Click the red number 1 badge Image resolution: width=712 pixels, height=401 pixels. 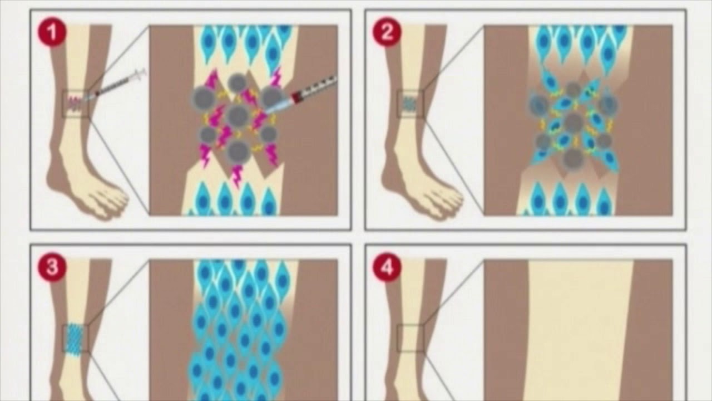coord(52,32)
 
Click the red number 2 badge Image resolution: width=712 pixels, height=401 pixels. coord(387,32)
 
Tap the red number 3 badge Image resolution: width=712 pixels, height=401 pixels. coord(52,267)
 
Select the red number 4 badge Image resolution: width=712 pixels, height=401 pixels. coord(387,267)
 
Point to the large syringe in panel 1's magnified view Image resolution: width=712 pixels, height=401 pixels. coord(300,94)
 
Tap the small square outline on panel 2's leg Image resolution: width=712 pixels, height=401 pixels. coord(411,104)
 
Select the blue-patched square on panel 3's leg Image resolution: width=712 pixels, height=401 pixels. coord(75,338)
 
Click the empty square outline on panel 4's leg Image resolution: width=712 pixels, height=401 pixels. coord(411,338)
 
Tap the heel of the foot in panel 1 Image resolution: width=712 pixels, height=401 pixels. coord(55,178)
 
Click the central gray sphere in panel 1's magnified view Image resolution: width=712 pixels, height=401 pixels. coord(236,115)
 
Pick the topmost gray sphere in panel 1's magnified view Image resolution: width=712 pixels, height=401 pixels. coord(238,82)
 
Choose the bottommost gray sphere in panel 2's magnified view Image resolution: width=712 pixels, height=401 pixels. coord(573,159)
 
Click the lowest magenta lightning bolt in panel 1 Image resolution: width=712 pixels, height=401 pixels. coord(236,176)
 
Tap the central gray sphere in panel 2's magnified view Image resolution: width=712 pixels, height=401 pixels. coord(573,122)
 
